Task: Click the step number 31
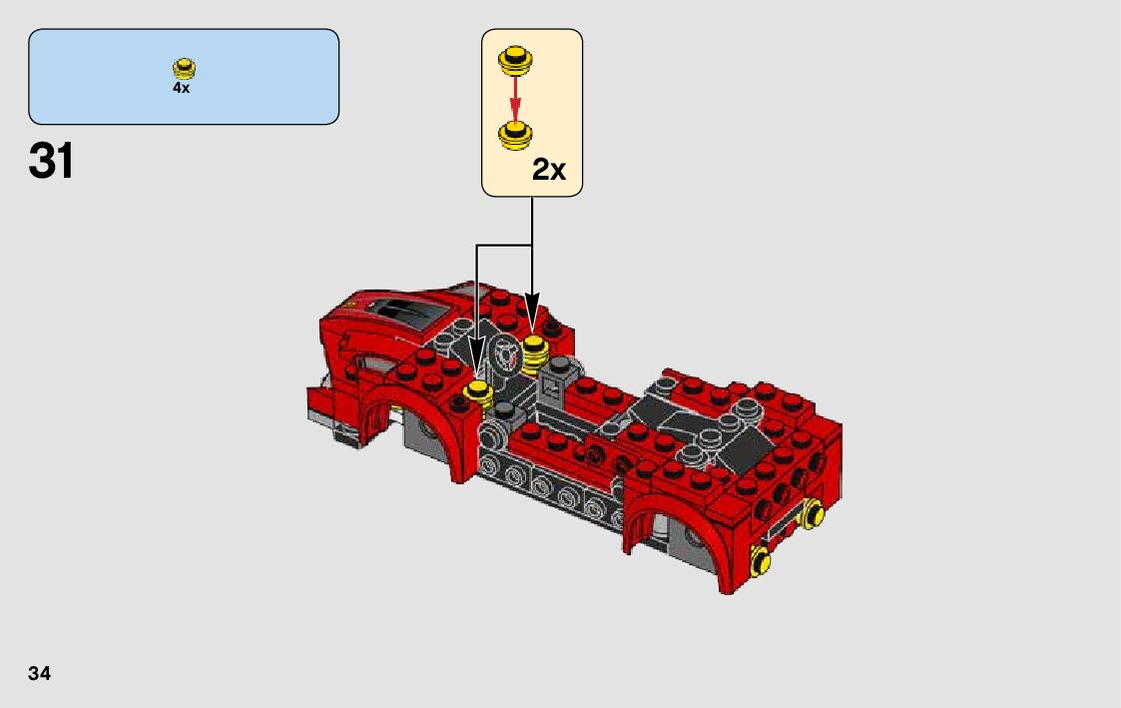(x=51, y=161)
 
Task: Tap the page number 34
(x=39, y=673)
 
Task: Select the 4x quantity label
(x=181, y=87)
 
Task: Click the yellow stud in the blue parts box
(x=185, y=68)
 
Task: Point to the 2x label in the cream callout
(x=548, y=170)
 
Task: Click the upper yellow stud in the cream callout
(x=515, y=59)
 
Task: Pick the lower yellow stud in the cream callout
(x=515, y=135)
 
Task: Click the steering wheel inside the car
(x=506, y=354)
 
